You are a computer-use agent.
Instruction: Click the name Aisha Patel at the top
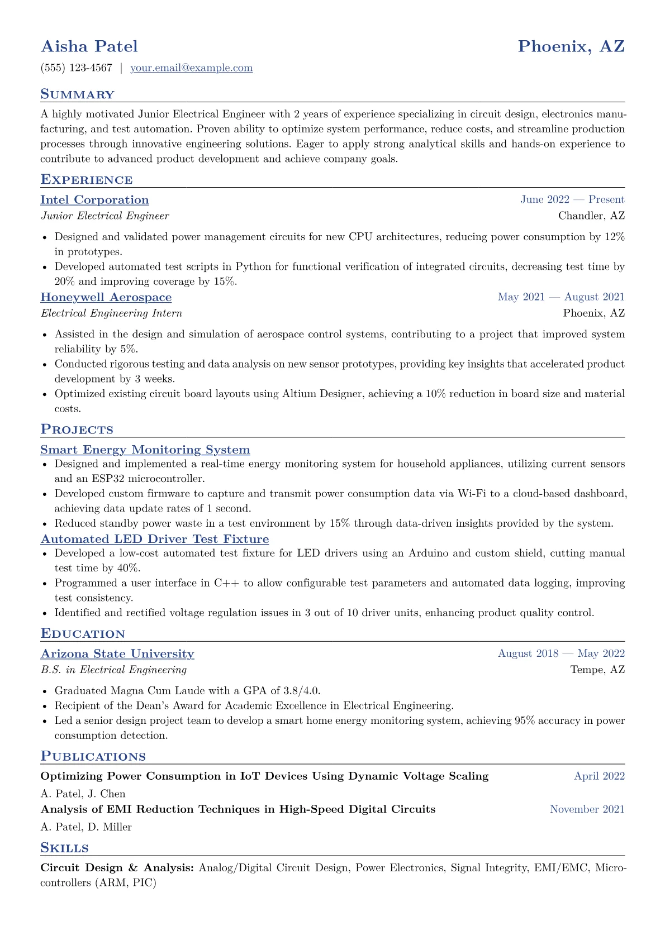pos(89,46)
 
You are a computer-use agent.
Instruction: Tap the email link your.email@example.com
pos(191,68)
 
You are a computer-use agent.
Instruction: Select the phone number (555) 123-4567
pos(77,68)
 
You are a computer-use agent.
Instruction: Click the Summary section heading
pos(77,94)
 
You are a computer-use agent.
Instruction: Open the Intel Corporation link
pos(94,200)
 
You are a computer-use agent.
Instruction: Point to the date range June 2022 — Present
pos(572,200)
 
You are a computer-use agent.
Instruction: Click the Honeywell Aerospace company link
pos(106,297)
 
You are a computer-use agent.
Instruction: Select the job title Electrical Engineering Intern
pos(111,313)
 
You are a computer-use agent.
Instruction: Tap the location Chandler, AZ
pos(591,216)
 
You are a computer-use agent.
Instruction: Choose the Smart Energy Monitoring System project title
pos(145,450)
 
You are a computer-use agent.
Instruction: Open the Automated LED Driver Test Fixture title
pos(154,539)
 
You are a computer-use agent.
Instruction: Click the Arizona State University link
pos(117,653)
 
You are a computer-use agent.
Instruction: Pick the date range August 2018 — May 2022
pos(561,653)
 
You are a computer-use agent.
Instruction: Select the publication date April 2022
pos(599,776)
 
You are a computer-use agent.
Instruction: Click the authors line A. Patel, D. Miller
pos(86,827)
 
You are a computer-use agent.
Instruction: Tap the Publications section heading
pos(93,756)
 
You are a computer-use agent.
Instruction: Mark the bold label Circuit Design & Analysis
pos(117,868)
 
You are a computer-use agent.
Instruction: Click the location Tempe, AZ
pos(597,669)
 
